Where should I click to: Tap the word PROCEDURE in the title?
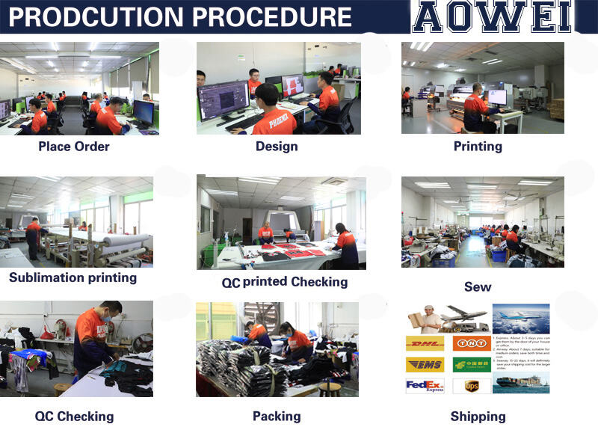coord(272,16)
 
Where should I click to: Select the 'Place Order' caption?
coord(74,146)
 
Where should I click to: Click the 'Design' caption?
coord(277,146)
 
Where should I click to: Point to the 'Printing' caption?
coord(478,146)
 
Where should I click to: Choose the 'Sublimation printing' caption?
coord(73,277)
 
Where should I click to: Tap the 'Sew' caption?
coord(478,286)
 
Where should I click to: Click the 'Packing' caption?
coord(277,416)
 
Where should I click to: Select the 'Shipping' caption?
coord(478,417)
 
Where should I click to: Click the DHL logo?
coord(425,343)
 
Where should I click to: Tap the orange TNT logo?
coord(472,343)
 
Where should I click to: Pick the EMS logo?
coord(425,364)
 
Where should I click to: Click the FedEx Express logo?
coord(425,386)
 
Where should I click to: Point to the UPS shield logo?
coord(472,386)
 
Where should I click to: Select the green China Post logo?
coord(472,364)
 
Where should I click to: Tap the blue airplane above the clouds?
coord(522,318)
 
